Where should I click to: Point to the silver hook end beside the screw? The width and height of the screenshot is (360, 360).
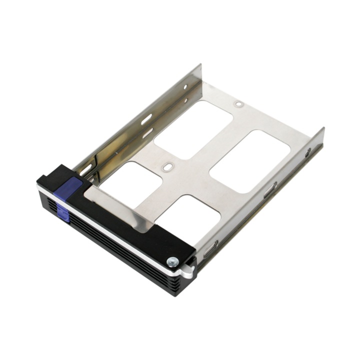click(x=188, y=271)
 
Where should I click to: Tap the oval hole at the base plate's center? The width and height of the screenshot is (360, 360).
click(x=167, y=166)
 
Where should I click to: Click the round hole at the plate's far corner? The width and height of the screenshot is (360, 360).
click(x=239, y=104)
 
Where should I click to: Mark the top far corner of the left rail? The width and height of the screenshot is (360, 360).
click(x=200, y=65)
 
